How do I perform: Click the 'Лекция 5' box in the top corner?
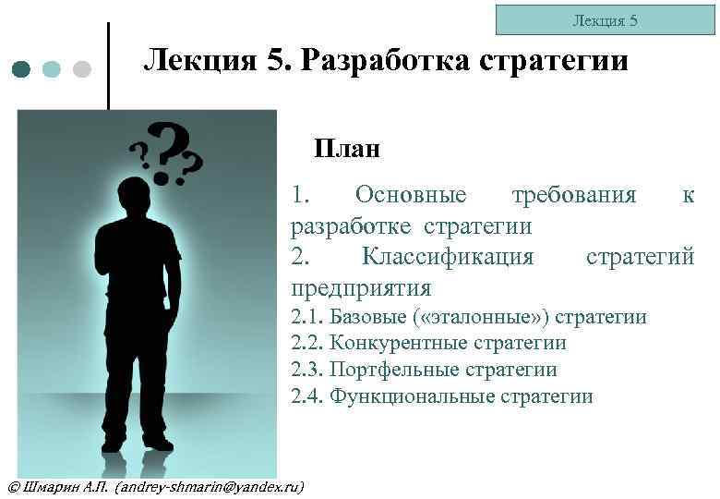[605, 19]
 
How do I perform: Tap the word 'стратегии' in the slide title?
[553, 61]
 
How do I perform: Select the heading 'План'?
[347, 148]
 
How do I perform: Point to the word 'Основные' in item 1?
[411, 195]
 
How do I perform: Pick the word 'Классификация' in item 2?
[448, 255]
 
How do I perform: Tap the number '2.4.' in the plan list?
[307, 396]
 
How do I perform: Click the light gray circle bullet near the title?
[81, 69]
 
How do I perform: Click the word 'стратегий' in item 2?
[640, 255]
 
